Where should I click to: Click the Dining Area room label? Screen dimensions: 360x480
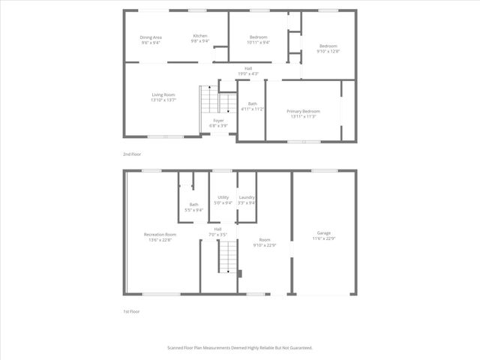pos(151,37)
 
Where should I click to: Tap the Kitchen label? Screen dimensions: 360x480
pos(200,36)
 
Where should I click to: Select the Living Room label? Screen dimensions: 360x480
pos(163,94)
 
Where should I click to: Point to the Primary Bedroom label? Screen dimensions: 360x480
pos(303,111)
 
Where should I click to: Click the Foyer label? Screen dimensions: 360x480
pos(218,120)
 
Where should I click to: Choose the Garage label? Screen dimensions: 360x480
pos(324,233)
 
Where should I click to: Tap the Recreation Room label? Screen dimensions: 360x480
pos(159,235)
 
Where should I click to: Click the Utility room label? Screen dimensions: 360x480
pos(223,197)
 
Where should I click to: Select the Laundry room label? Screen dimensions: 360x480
pos(247,197)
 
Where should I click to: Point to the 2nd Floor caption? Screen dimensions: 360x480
pos(133,154)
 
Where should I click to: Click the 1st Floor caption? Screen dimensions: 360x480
pos(132,311)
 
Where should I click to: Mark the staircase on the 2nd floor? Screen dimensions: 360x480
pos(208,109)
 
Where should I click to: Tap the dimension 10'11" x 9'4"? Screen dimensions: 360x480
pos(258,42)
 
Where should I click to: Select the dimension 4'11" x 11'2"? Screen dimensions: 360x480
pos(252,109)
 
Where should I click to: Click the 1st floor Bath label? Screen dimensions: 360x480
pos(193,205)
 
